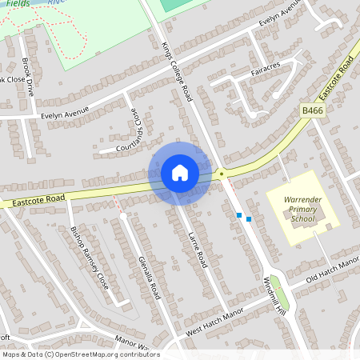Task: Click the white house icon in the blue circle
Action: [x=180, y=173]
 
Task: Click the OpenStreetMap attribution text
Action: [x=80, y=354]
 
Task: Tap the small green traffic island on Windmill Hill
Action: [x=276, y=282]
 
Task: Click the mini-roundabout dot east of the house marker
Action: [x=221, y=172]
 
